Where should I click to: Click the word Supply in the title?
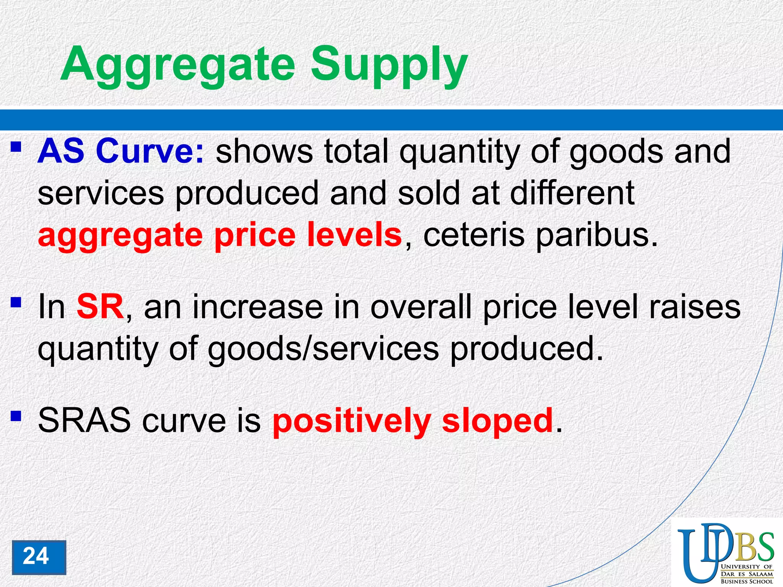pyautogui.click(x=389, y=65)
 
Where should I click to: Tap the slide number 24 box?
pyautogui.click(x=39, y=557)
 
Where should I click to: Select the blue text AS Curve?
pyautogui.click(x=121, y=152)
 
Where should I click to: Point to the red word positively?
pyautogui.click(x=351, y=420)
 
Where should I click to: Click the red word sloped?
pyautogui.click(x=497, y=420)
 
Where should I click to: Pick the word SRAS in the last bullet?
pyautogui.click(x=84, y=420)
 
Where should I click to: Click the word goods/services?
pyautogui.click(x=323, y=349)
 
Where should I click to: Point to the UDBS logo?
pyautogui.click(x=726, y=553)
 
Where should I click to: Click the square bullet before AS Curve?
pyautogui.click(x=16, y=147)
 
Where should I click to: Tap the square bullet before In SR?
pyautogui.click(x=16, y=303)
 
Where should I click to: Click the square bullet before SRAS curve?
pyautogui.click(x=16, y=415)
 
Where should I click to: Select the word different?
pyautogui.click(x=572, y=193)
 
